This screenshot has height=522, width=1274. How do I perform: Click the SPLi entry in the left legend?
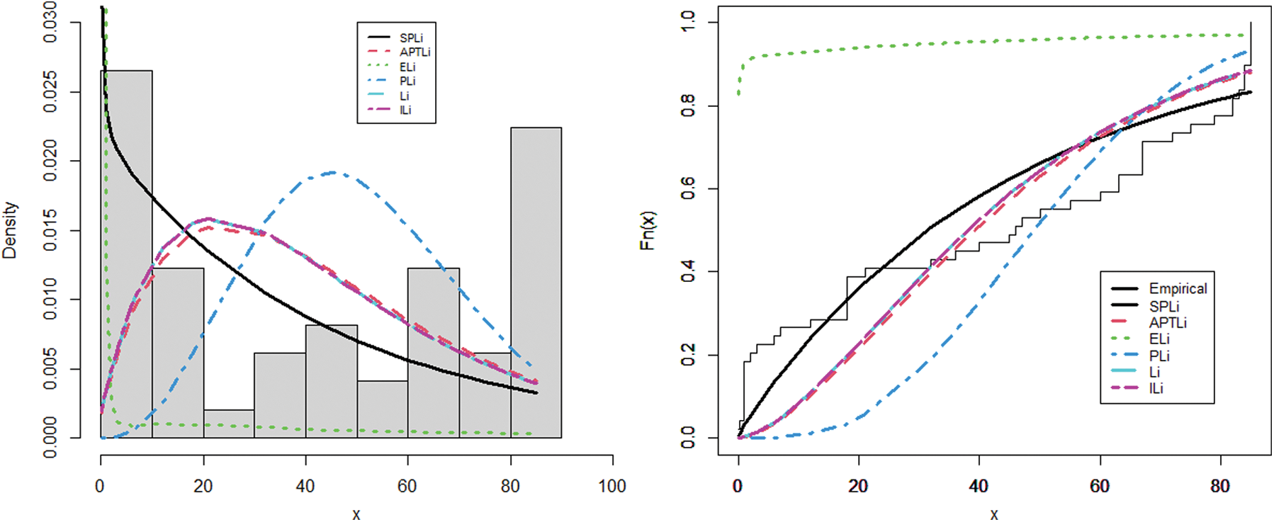[411, 38]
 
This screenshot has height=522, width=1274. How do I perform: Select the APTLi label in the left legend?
[415, 52]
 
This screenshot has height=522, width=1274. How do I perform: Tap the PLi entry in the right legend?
[1159, 356]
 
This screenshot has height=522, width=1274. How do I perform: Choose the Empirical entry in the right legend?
[1178, 288]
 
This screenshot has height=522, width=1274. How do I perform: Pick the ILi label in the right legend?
[1156, 388]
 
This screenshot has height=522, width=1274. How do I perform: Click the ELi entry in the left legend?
[407, 67]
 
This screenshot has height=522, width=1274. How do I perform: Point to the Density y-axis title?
[10, 230]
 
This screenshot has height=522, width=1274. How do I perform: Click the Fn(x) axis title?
[647, 230]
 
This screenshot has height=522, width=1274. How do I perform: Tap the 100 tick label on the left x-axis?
[612, 487]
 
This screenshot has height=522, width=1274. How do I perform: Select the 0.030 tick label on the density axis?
[50, 22]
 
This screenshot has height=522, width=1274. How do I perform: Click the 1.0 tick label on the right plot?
[688, 23]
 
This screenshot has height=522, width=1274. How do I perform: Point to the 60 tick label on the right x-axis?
[1100, 487]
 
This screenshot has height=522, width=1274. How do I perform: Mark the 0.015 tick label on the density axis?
[50, 230]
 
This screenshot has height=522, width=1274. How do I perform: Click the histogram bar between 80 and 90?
[536, 283]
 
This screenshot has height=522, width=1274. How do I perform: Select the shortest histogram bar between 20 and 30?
[229, 424]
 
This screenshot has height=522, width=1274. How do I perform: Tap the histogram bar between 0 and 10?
[126, 255]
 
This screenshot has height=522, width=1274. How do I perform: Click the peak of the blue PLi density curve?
[332, 172]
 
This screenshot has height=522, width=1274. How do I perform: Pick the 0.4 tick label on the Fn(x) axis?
[688, 271]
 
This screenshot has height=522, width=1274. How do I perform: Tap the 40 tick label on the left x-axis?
[305, 487]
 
